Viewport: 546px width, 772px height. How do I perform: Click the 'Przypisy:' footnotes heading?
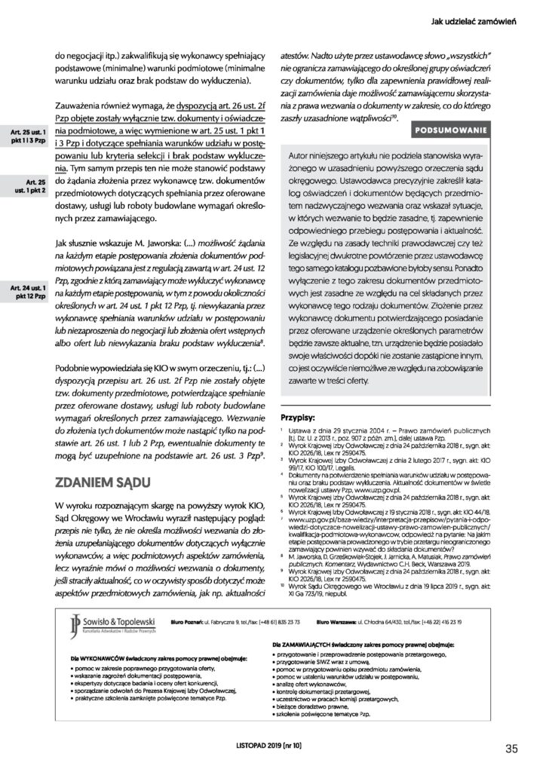coord(302,415)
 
